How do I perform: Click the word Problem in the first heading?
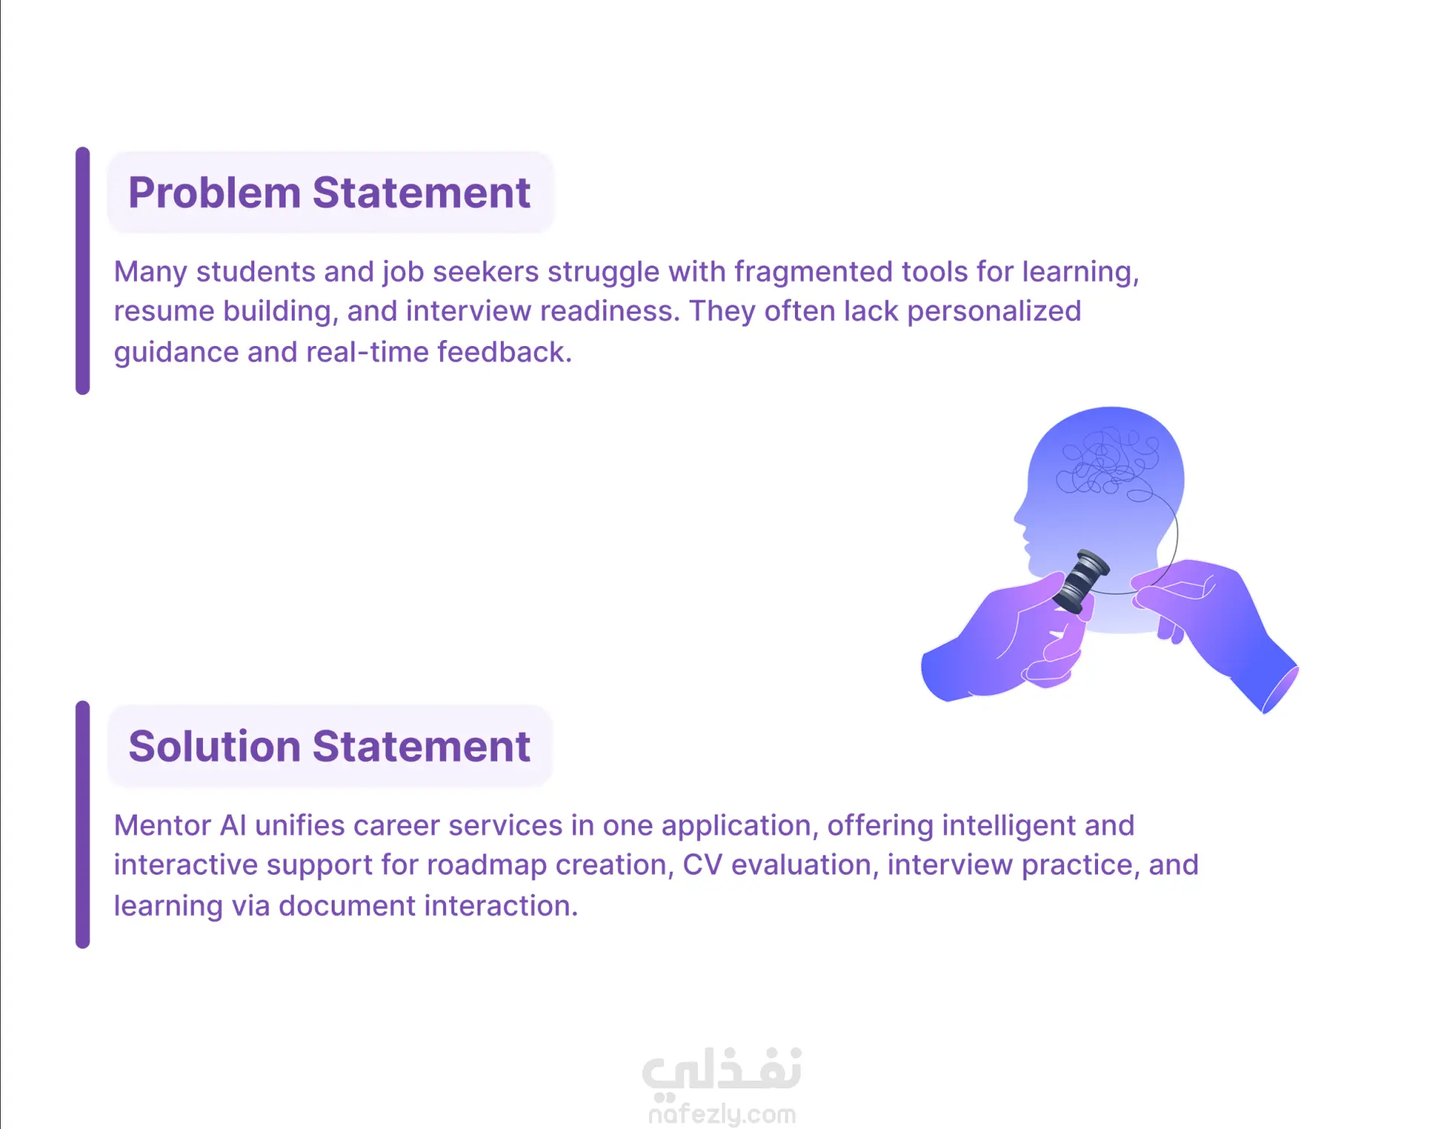click(214, 193)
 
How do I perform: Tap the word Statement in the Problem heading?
click(421, 193)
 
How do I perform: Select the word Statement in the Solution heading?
click(421, 746)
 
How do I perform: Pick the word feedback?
click(505, 351)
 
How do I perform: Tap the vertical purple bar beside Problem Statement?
click(83, 271)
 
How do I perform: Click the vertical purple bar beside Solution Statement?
click(83, 824)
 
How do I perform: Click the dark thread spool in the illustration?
click(1081, 581)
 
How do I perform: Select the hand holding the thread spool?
click(1004, 639)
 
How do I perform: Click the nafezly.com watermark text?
click(722, 1113)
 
